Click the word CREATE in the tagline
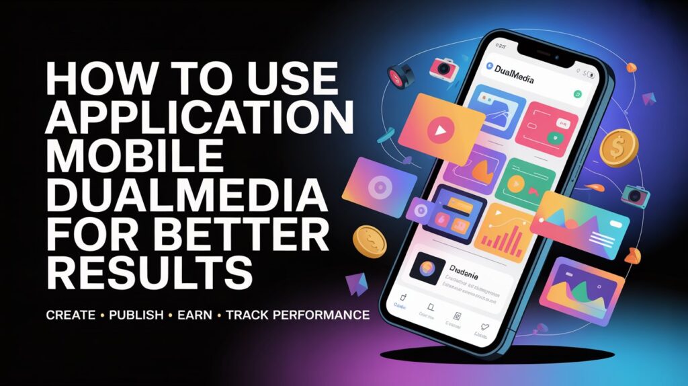71,315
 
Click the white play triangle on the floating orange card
441,130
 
